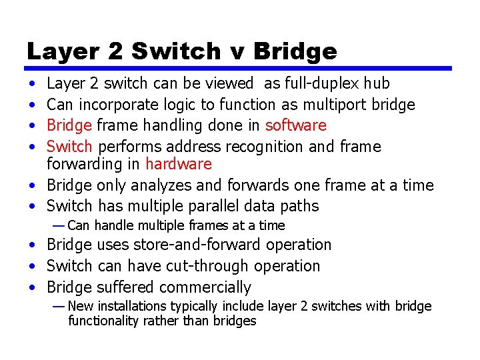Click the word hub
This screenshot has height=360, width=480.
tap(377, 83)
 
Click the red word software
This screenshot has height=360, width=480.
tap(296, 125)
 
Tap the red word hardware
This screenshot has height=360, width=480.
tap(179, 164)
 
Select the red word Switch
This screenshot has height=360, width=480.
tap(69, 146)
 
